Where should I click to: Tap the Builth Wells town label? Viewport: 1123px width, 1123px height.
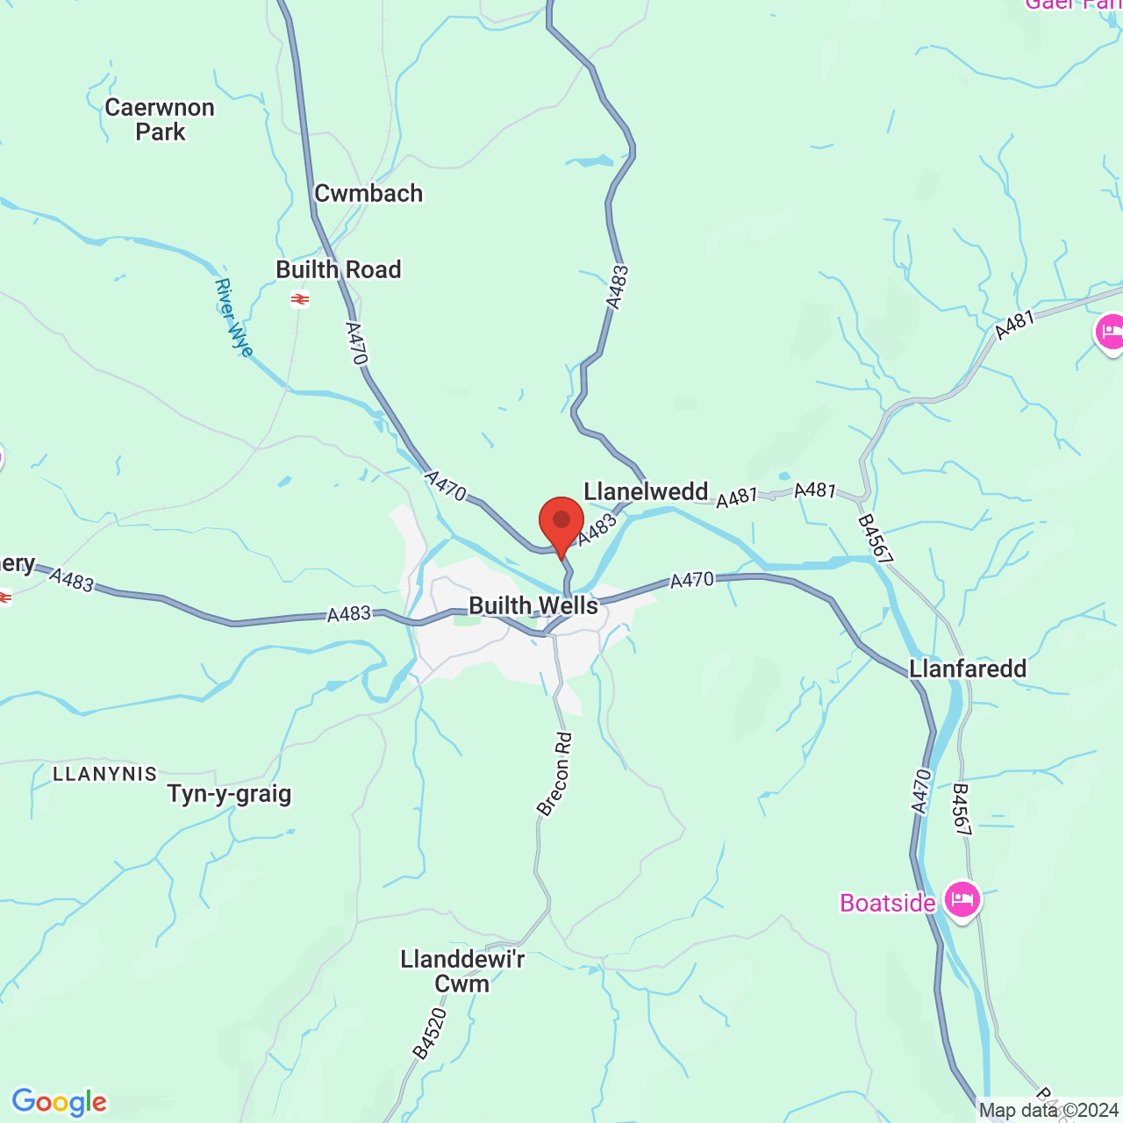(x=533, y=606)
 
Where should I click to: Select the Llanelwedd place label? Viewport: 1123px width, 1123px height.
(x=646, y=492)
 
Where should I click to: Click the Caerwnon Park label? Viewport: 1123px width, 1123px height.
(x=160, y=120)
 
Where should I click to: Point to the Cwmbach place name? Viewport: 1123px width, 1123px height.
(x=368, y=194)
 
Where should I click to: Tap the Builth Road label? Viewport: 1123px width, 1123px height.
(x=339, y=270)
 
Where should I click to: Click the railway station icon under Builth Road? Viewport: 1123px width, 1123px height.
(x=300, y=300)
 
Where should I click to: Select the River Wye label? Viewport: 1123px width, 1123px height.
(x=234, y=318)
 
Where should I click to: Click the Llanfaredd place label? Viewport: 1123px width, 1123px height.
(x=968, y=669)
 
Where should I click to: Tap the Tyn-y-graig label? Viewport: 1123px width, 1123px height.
(x=229, y=794)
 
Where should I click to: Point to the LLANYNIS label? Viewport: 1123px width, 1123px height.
(x=105, y=774)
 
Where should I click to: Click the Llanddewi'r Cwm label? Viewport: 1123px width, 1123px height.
(x=462, y=971)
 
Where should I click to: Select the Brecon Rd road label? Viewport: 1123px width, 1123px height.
(x=555, y=775)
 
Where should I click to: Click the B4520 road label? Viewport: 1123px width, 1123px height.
(x=429, y=1034)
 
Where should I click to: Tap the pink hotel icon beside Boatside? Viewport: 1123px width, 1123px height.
(x=962, y=899)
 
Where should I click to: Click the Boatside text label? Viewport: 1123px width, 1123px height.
(x=887, y=904)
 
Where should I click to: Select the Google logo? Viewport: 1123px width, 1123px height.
(x=60, y=1102)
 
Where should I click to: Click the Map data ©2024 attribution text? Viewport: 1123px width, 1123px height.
(x=1048, y=1111)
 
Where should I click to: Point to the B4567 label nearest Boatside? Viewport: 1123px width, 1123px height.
(x=962, y=810)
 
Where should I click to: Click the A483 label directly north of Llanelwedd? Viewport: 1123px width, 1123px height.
(x=618, y=288)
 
